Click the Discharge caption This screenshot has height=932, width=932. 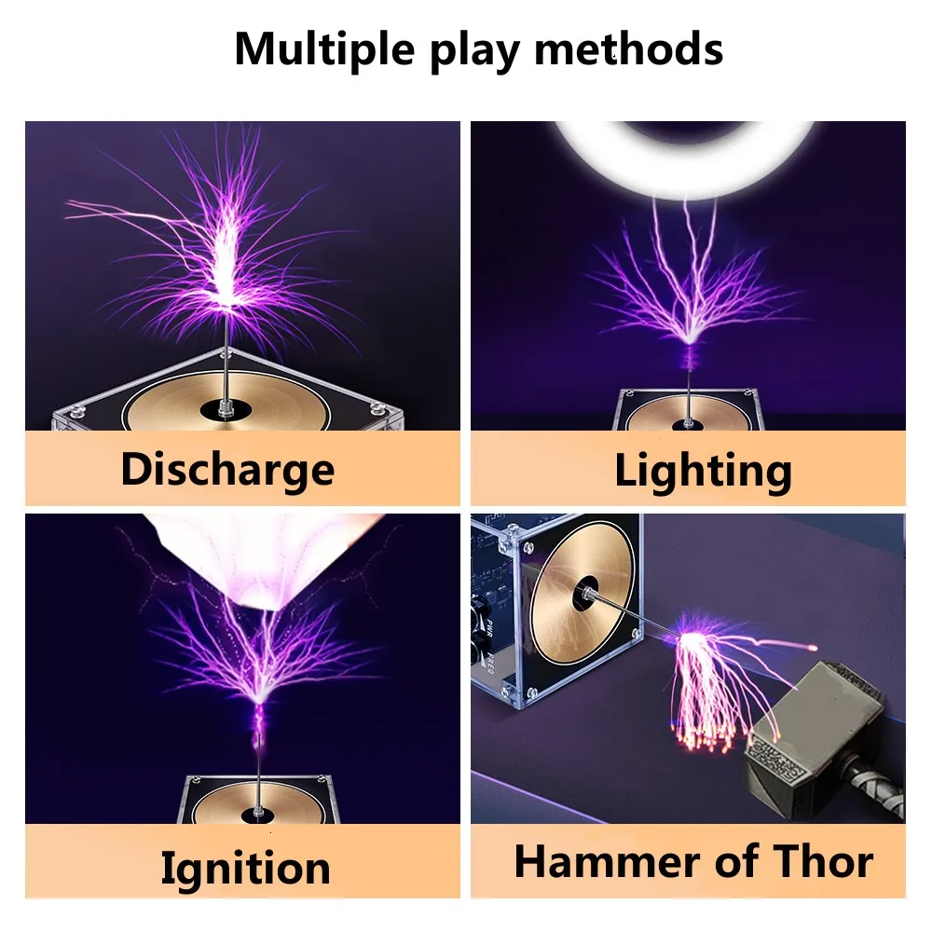click(226, 469)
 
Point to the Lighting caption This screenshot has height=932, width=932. click(703, 471)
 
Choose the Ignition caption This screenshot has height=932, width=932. click(245, 868)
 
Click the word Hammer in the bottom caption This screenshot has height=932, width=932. click(610, 862)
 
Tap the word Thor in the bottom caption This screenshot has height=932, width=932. click(815, 862)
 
